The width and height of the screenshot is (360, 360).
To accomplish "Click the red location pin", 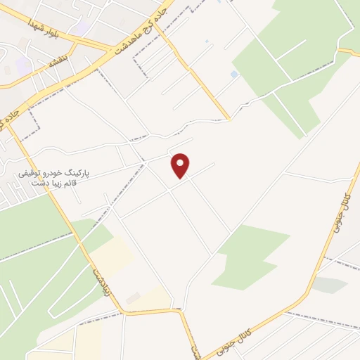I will click(181, 165).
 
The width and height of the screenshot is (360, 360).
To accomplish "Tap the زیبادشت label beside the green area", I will click(101, 281).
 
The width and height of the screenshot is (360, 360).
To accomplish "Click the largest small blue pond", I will click(234, 74).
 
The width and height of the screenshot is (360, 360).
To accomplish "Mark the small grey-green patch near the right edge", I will click(329, 285).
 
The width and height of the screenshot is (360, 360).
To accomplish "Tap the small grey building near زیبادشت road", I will click(133, 298).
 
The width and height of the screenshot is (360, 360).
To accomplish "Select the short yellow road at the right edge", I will click(349, 51).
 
